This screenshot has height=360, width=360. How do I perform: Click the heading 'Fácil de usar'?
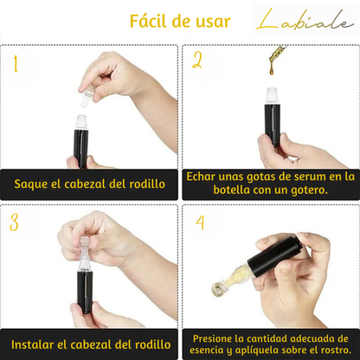(x=179, y=22)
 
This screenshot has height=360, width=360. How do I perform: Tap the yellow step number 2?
(x=197, y=61)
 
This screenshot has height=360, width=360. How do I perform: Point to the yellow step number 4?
(x=200, y=222)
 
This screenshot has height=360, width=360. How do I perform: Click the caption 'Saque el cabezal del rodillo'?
(x=89, y=183)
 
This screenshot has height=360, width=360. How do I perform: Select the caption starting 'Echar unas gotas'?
(x=270, y=183)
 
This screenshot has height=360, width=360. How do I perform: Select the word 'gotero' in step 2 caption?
(x=305, y=190)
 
